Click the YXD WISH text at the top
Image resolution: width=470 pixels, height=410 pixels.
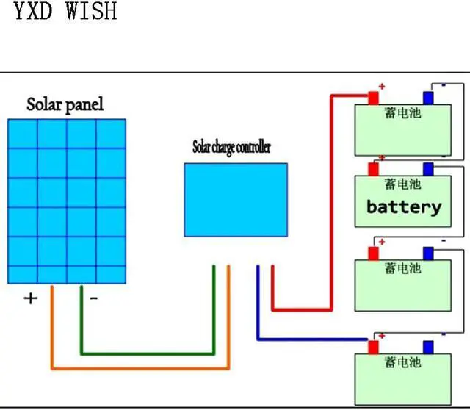[x=65, y=12]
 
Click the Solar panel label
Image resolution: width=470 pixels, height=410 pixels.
[x=65, y=104]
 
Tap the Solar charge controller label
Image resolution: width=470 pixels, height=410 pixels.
[x=231, y=147]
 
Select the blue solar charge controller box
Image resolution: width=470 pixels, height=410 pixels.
[x=235, y=199]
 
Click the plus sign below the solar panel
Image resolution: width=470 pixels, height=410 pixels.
[x=31, y=298]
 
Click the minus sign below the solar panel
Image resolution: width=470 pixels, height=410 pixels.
[x=94, y=298]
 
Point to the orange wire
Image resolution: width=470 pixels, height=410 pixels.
[x=140, y=367]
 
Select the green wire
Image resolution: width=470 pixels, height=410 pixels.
[x=147, y=353]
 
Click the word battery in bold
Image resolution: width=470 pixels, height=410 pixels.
[x=404, y=206]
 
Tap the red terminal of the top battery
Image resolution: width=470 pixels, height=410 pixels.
[x=373, y=98]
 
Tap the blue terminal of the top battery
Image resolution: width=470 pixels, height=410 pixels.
[x=428, y=98]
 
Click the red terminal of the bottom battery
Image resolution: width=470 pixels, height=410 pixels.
[x=373, y=346]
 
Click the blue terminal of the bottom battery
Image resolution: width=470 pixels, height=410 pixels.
[x=428, y=346]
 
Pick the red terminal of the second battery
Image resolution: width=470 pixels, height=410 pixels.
[x=373, y=169]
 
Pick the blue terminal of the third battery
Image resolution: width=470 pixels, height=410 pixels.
[x=428, y=253]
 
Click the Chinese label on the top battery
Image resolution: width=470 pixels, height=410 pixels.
[x=402, y=114]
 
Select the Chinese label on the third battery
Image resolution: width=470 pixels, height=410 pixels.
[x=402, y=269]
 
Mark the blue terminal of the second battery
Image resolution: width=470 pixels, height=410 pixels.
[x=428, y=169]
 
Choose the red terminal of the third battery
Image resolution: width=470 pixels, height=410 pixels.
[x=373, y=253]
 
